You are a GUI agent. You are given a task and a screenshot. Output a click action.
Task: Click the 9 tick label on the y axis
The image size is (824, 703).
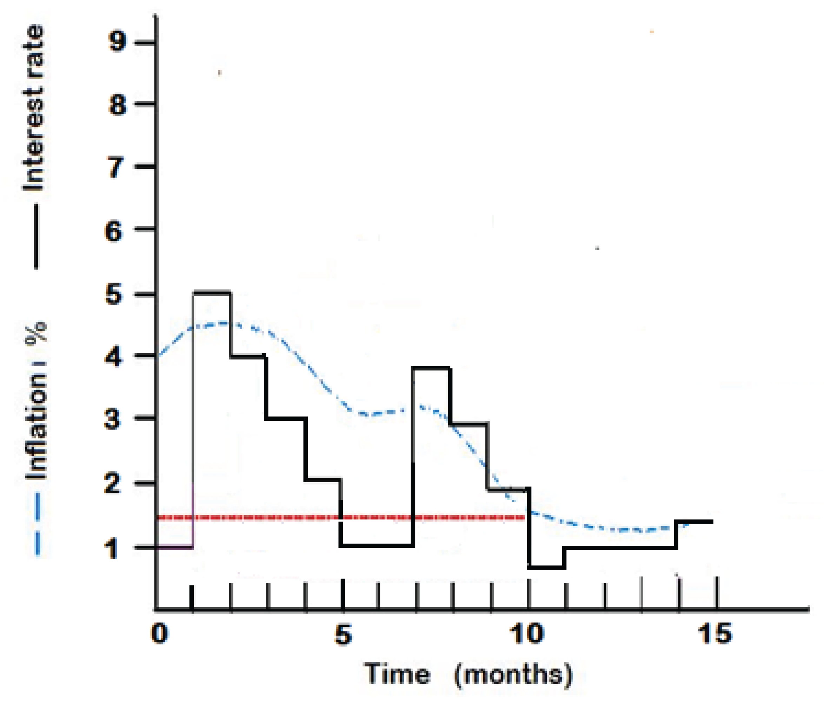point(118,41)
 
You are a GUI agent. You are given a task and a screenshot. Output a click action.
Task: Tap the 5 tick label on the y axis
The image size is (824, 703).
point(114,295)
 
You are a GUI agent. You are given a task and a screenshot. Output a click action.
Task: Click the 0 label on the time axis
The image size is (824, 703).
point(159,634)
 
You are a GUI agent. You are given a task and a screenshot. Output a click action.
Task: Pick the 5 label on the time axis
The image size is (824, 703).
point(343,634)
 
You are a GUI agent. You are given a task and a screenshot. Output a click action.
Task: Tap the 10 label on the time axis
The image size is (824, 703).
point(526,634)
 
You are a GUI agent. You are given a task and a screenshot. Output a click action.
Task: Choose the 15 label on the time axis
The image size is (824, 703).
point(715,634)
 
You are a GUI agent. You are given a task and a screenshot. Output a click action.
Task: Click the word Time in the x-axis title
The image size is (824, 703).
point(398,674)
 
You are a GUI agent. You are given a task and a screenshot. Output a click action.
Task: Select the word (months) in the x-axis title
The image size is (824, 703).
point(513,675)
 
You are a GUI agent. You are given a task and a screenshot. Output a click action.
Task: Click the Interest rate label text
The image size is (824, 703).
point(33,107)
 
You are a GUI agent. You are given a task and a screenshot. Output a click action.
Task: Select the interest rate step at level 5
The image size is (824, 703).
point(212,293)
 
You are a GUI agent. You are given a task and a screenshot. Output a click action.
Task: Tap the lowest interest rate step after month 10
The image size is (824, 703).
point(547,568)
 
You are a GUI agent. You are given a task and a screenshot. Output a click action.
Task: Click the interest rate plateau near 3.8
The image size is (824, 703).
point(432,368)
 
